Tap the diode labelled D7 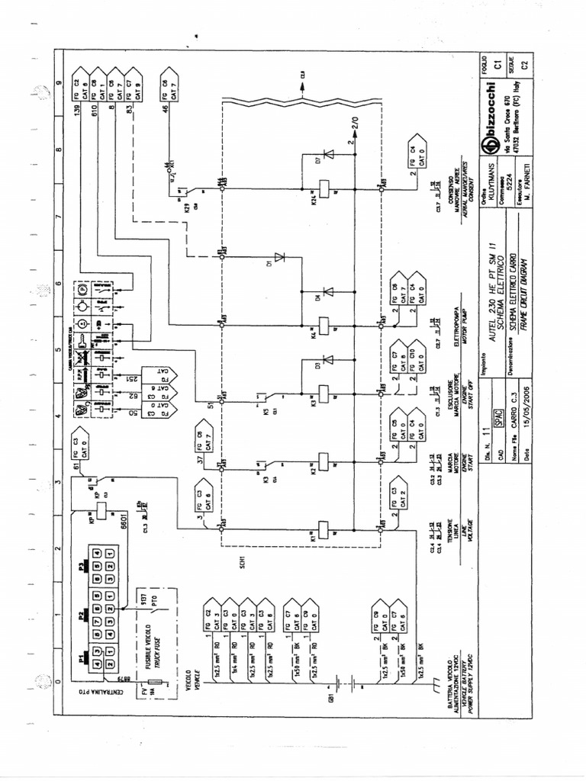[330, 154]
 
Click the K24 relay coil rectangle [325, 184]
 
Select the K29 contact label [186, 207]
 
